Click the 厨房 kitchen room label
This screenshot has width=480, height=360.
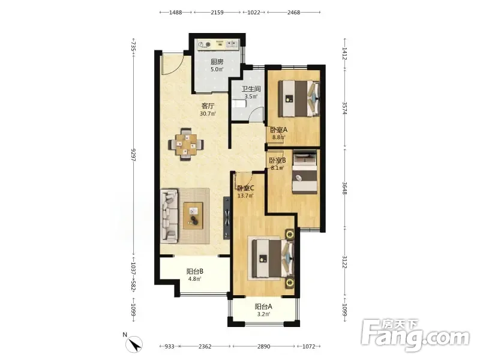(217, 62)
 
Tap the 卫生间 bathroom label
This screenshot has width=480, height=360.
(251, 89)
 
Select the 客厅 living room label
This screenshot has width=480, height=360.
(208, 106)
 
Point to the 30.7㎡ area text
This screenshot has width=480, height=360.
(208, 114)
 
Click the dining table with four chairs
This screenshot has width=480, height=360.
(186, 144)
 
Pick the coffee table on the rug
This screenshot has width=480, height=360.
(193, 215)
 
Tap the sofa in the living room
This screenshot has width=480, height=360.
(169, 216)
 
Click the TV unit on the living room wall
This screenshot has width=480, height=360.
(227, 217)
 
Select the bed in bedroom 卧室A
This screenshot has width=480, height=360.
(299, 98)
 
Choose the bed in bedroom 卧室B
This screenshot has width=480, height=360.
(305, 172)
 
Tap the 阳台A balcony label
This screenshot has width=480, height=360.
(263, 307)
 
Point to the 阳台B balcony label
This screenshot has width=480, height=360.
(195, 271)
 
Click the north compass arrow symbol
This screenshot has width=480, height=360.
(134, 344)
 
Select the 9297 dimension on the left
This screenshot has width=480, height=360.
(133, 155)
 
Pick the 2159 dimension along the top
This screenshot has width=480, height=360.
(217, 13)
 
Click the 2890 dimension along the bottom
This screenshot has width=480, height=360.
(263, 347)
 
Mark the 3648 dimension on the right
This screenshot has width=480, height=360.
(344, 188)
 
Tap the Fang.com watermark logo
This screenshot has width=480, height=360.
(415, 335)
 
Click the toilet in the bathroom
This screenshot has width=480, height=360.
(239, 104)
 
